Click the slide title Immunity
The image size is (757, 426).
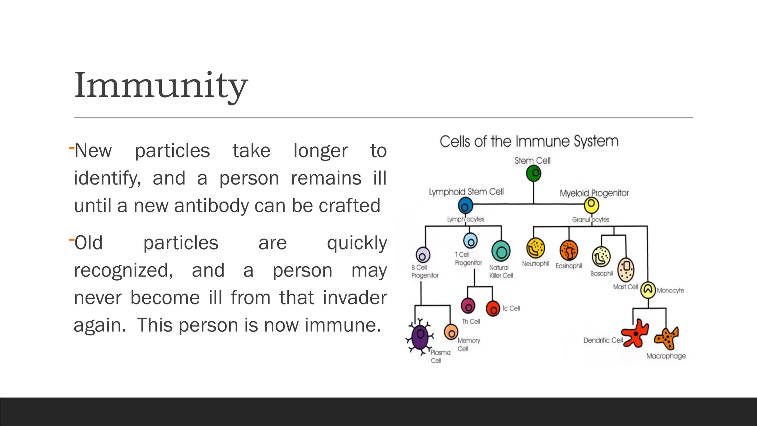161,86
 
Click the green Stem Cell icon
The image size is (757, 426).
533,173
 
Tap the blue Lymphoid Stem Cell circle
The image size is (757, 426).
465,206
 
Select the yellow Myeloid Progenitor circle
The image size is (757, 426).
591,204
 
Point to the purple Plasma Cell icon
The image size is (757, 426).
420,337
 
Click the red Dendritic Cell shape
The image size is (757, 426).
635,333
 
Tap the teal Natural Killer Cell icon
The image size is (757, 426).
501,251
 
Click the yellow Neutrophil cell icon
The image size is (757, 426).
535,248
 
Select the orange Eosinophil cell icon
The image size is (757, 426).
568,250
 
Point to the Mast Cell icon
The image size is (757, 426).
626,270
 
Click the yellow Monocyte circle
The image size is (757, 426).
648,290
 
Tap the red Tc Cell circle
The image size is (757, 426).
493,308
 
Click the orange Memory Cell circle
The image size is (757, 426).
451,332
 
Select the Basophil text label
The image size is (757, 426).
601,274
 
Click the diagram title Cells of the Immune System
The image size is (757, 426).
529,142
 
